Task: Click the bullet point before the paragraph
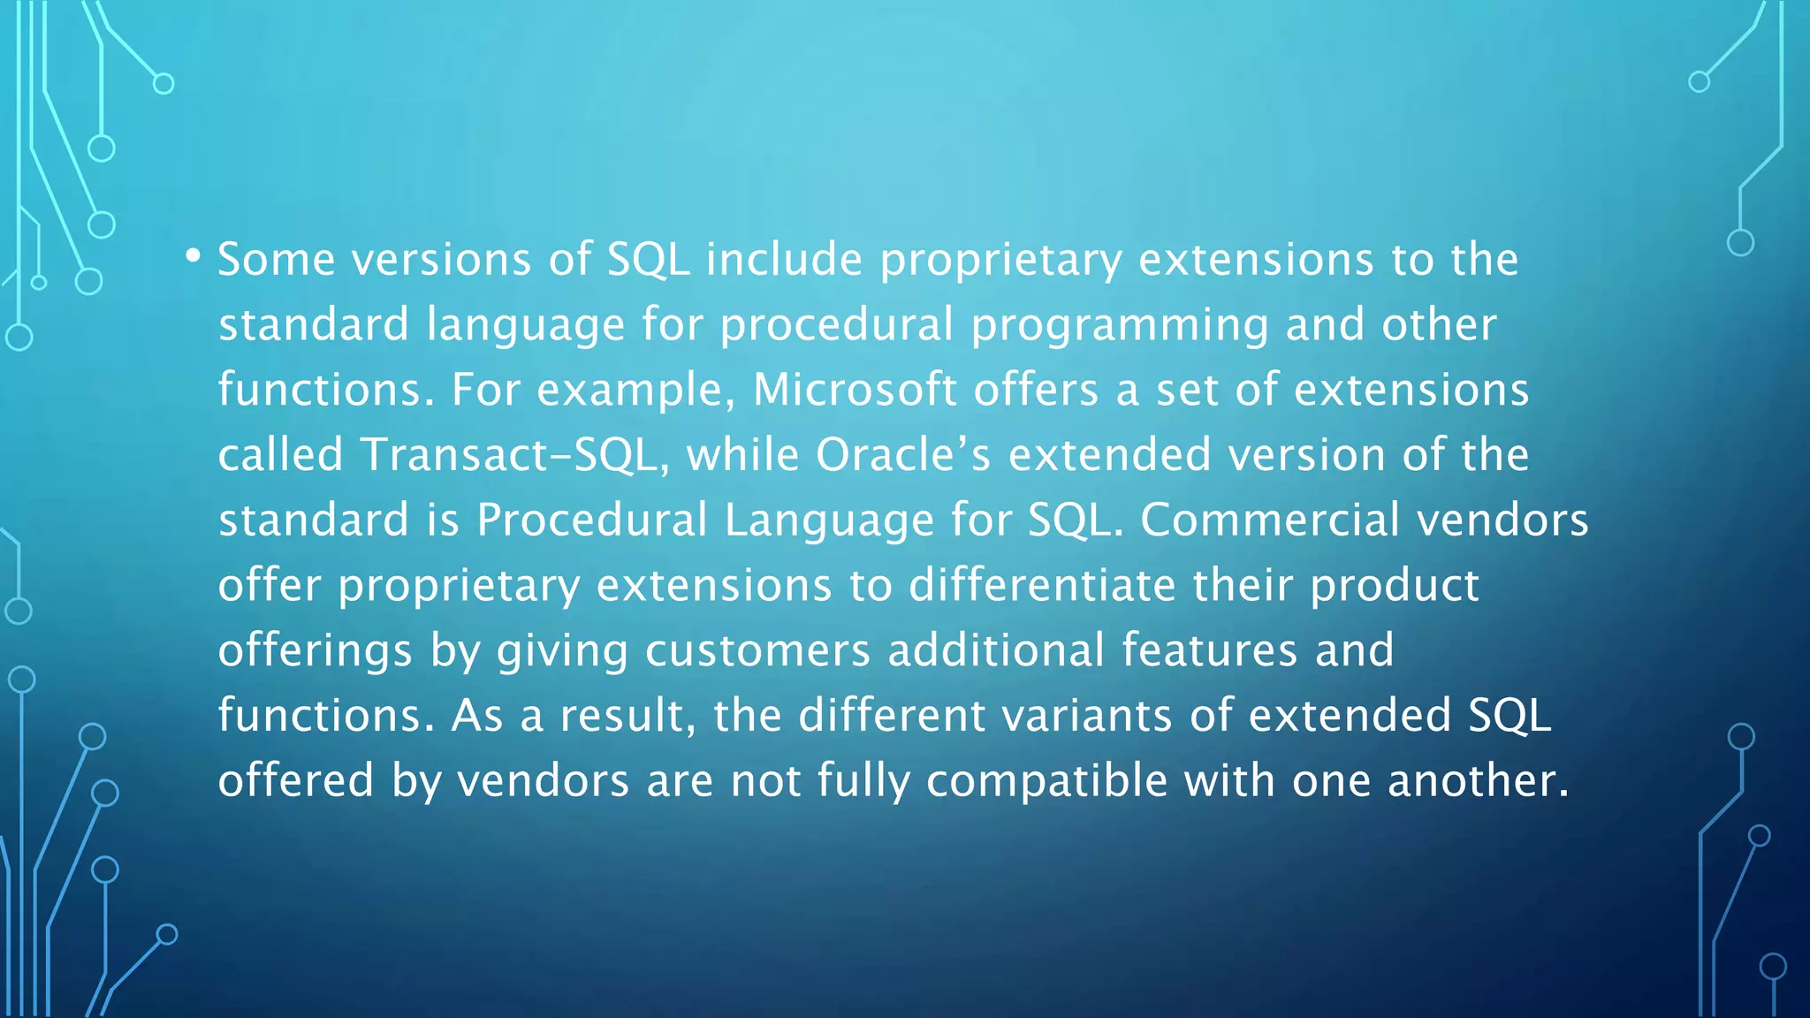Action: [x=193, y=256]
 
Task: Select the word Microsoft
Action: [x=855, y=390]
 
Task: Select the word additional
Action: [x=996, y=650]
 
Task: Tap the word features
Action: [x=1210, y=650]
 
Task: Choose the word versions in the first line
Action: [x=442, y=260]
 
